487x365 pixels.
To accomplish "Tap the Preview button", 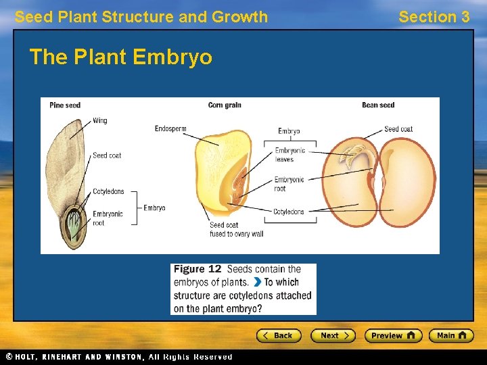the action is [393, 335].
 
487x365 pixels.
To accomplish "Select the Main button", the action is [454, 335].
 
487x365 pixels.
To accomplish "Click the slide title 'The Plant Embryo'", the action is [120, 57].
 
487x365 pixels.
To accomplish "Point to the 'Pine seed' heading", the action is [65, 105].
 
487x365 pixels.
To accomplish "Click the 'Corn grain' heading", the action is [225, 105].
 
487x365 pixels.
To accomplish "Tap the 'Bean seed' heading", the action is [378, 105].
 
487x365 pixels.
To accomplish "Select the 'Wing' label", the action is [100, 121].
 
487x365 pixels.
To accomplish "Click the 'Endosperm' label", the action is [170, 128].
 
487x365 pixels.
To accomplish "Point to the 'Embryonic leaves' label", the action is [289, 155].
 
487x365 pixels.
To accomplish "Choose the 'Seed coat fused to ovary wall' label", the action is [236, 230].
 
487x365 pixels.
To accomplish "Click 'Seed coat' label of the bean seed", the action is [398, 129].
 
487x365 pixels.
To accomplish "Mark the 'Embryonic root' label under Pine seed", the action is [108, 218].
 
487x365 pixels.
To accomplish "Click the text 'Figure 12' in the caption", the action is [198, 269].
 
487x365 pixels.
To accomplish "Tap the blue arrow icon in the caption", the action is [258, 283].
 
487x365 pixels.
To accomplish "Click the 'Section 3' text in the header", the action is [434, 17].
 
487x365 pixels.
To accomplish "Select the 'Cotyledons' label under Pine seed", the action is [108, 192].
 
